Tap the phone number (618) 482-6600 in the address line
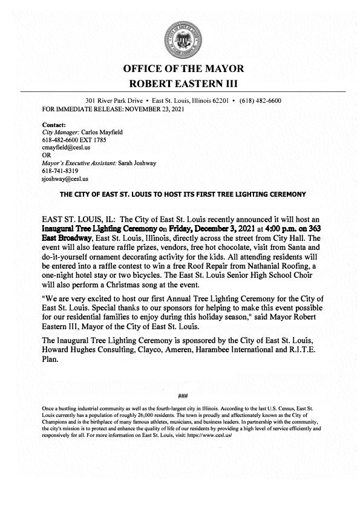tap(261, 100)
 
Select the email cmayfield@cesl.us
tap(64, 147)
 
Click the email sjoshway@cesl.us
tap(62, 179)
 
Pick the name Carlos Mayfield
tap(97, 131)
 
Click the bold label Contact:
tap(53, 123)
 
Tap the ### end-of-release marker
tap(182, 396)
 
